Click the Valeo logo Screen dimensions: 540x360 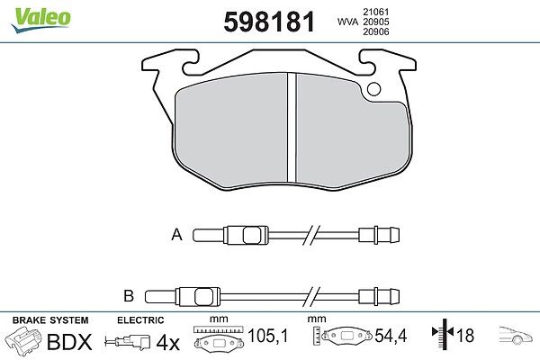pos(40,20)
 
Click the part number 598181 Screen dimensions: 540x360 pos(269,22)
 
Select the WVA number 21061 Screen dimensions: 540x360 pos(376,12)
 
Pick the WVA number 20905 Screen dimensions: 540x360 pos(376,22)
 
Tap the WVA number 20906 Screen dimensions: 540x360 pos(376,31)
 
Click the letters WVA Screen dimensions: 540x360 pos(348,22)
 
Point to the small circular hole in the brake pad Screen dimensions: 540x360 pos(374,89)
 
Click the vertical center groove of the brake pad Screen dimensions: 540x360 pos(292,128)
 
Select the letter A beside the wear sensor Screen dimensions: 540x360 pos(176,235)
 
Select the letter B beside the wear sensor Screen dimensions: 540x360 pos(129,296)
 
